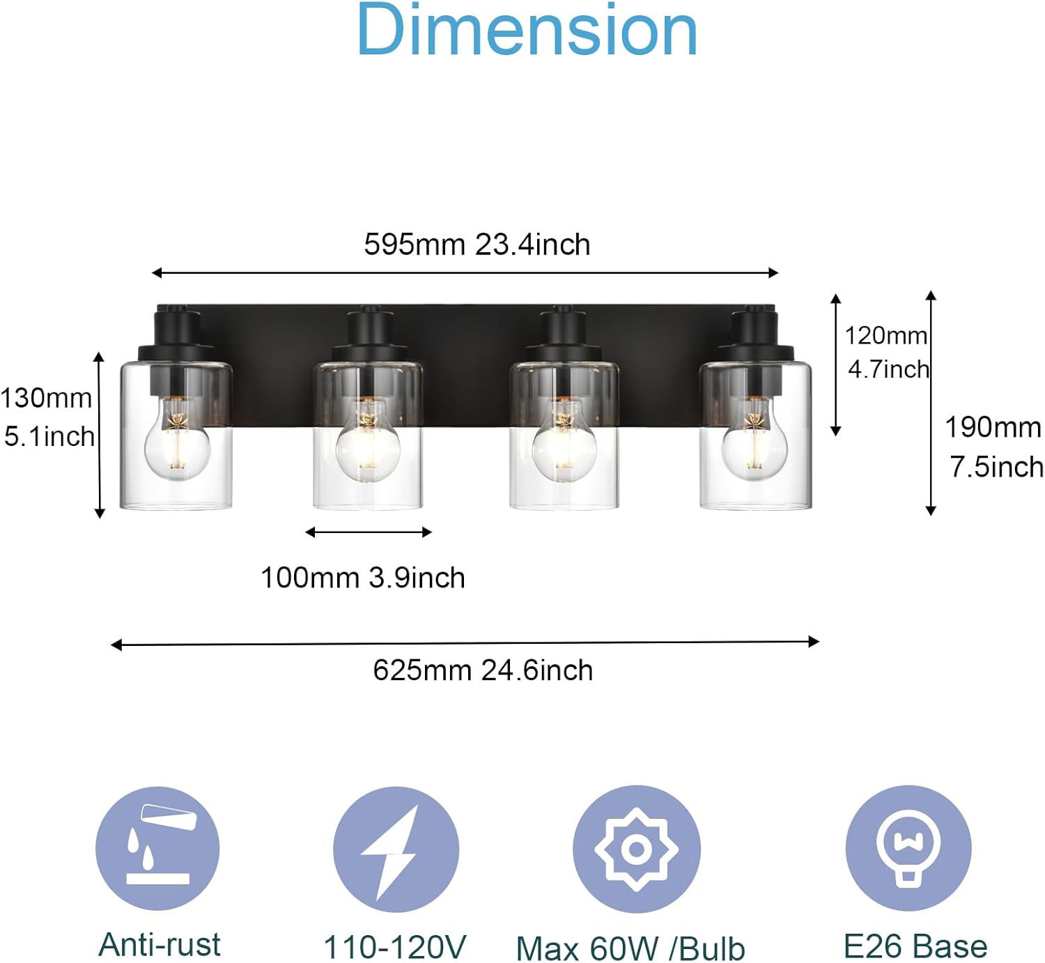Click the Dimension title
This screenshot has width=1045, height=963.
(x=527, y=30)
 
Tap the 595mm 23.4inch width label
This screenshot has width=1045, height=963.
(x=477, y=245)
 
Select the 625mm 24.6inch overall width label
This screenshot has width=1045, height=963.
(x=483, y=670)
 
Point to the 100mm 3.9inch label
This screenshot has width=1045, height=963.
(x=362, y=578)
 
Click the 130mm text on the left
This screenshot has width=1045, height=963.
(x=47, y=399)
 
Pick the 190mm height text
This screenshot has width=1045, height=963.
(x=993, y=427)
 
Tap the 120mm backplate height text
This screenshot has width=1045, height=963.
(x=885, y=336)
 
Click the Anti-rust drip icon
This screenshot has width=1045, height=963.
(x=157, y=848)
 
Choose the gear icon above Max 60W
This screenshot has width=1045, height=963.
(x=637, y=849)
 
